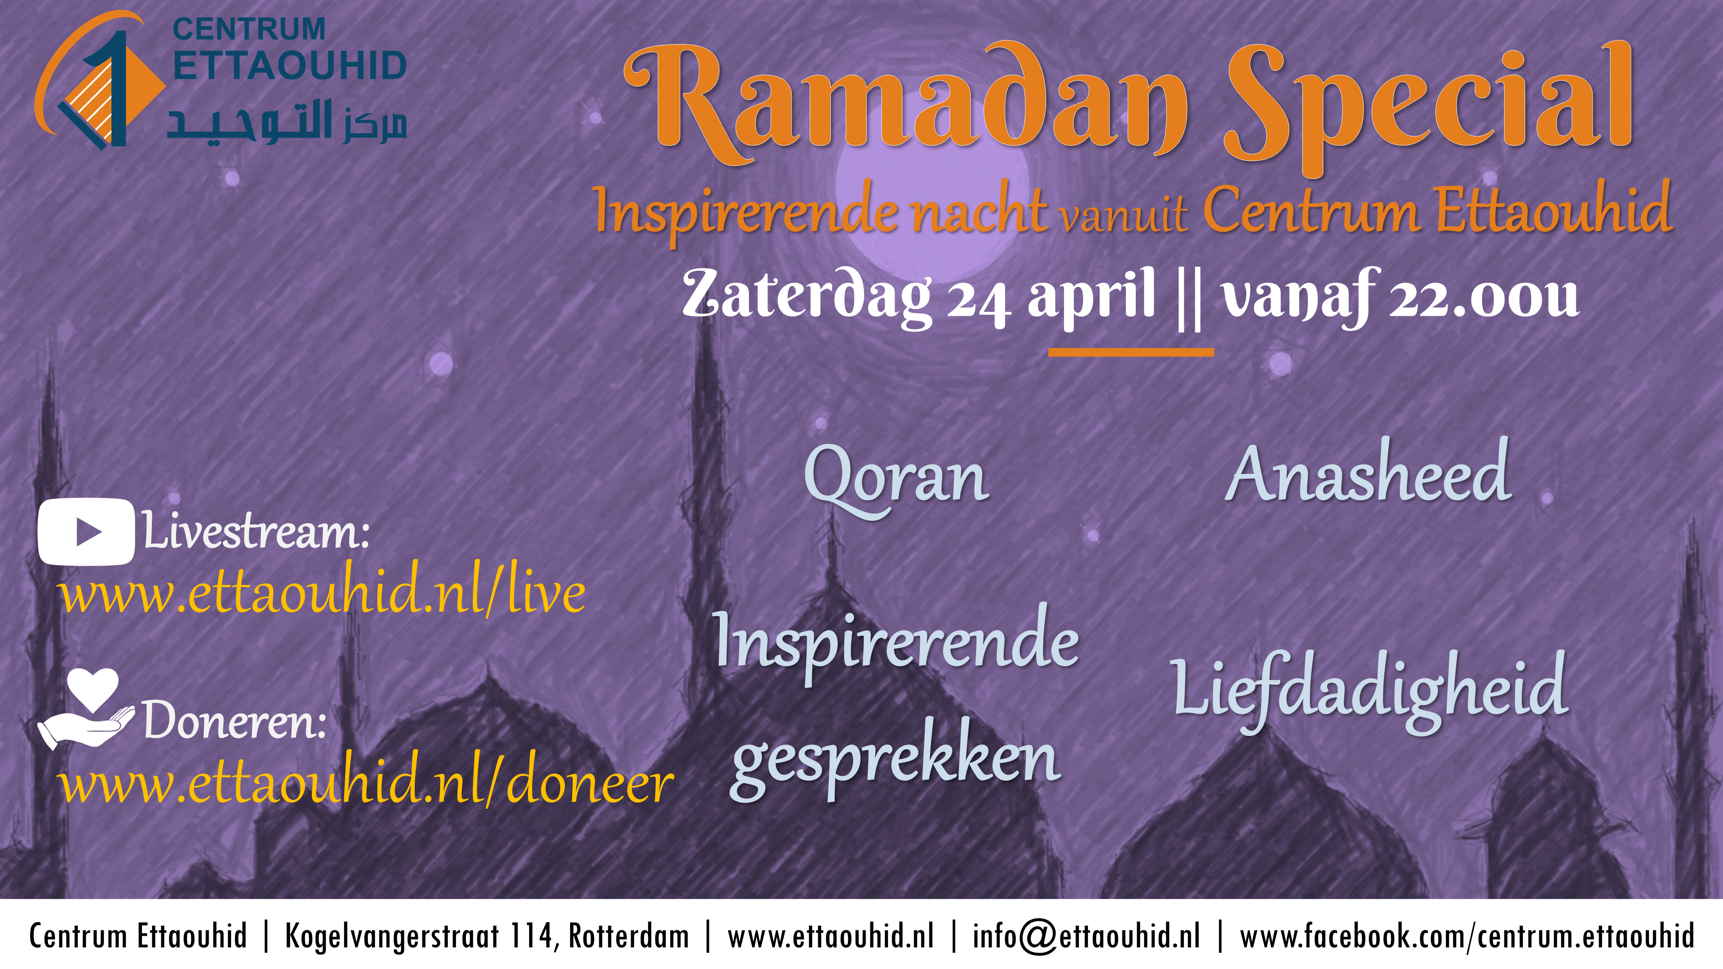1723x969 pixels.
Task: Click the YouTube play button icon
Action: pos(86,532)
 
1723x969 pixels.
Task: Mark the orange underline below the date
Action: pos(1131,352)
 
